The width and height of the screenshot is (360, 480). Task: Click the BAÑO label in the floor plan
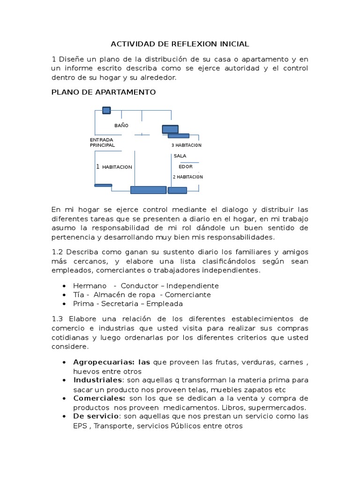(x=121, y=126)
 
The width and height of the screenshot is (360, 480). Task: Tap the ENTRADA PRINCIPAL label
(x=102, y=142)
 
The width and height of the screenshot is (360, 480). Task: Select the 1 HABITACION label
(x=114, y=167)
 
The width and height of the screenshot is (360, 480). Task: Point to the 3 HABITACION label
(x=186, y=145)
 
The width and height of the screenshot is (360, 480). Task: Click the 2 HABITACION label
(x=187, y=177)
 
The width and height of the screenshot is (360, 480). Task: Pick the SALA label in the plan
(x=180, y=156)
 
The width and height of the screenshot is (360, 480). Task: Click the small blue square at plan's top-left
(x=106, y=111)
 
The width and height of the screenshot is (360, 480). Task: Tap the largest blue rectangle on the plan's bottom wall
(x=148, y=190)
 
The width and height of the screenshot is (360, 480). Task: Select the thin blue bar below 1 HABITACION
(x=103, y=185)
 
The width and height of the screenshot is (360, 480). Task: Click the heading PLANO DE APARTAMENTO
(x=103, y=92)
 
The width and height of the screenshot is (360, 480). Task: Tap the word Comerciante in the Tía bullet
(x=187, y=294)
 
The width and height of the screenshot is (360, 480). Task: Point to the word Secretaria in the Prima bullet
(x=117, y=303)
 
